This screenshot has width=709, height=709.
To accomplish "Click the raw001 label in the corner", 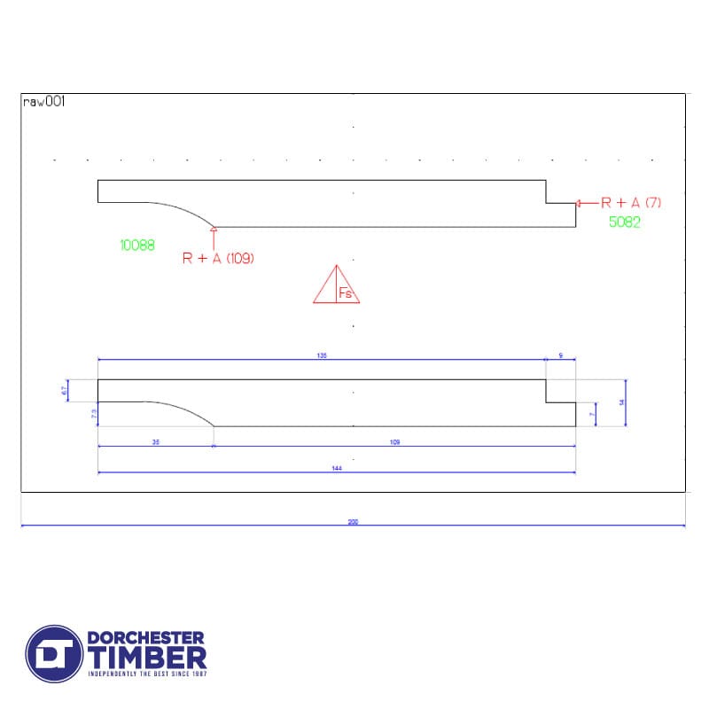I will pyautogui.click(x=43, y=102).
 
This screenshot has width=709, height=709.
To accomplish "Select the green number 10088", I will pyautogui.click(x=136, y=245).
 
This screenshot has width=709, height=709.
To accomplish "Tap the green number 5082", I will pyautogui.click(x=624, y=222).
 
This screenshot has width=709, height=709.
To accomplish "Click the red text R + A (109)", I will pyautogui.click(x=218, y=259).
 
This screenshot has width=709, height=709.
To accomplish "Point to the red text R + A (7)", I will pyautogui.click(x=631, y=202).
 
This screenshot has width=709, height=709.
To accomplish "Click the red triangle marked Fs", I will pyautogui.click(x=337, y=286).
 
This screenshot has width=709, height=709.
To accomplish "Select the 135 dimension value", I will pyautogui.click(x=322, y=355).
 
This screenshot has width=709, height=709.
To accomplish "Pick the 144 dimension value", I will pyautogui.click(x=337, y=469).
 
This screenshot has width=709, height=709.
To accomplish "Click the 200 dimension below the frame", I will pyautogui.click(x=353, y=522).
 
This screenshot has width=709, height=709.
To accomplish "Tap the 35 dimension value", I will pyautogui.click(x=156, y=441).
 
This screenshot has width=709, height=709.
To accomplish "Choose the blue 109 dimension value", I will pyautogui.click(x=395, y=441).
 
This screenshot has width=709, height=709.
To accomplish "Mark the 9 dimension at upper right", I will pyautogui.click(x=560, y=355).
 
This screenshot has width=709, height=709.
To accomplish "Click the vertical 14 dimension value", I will pyautogui.click(x=622, y=402).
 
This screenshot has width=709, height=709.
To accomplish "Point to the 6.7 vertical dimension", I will pyautogui.click(x=65, y=391).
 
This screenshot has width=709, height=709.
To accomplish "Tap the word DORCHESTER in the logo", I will pyautogui.click(x=146, y=637).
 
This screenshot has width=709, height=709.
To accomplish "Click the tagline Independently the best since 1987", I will pyautogui.click(x=146, y=674).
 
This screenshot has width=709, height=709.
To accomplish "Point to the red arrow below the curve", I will pyautogui.click(x=214, y=234).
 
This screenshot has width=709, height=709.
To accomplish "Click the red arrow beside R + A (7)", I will pyautogui.click(x=582, y=203).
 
